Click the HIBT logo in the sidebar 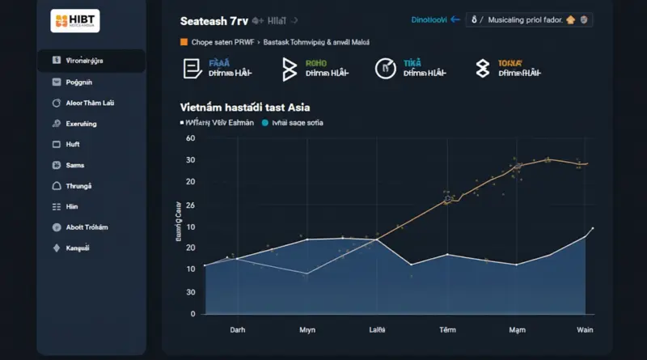(74, 20)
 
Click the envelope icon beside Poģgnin (56, 82)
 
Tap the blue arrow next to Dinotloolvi (455, 19)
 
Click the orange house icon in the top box (570, 19)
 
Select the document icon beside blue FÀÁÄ (192, 69)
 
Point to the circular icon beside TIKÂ (387, 69)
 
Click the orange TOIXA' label (510, 61)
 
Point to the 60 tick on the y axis (191, 138)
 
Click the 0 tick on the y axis (192, 313)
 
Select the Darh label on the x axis (238, 330)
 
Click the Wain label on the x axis (585, 330)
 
